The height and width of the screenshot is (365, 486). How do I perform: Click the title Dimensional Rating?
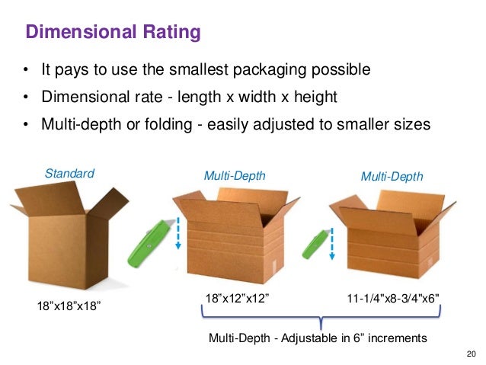click(x=114, y=33)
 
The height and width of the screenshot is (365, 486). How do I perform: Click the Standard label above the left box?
click(x=69, y=173)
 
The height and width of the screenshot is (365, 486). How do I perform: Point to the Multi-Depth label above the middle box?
click(x=235, y=175)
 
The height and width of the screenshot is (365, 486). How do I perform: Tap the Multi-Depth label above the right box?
click(x=391, y=176)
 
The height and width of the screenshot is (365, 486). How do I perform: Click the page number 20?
click(x=469, y=353)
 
